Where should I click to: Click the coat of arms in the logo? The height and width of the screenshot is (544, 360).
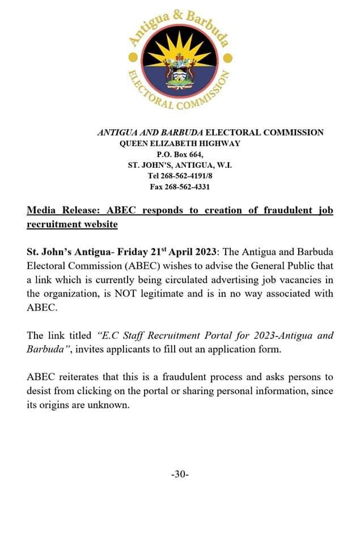(179, 74)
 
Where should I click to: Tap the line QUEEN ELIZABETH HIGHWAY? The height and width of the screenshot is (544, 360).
(180, 143)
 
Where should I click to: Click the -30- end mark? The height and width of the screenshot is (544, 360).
(180, 474)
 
